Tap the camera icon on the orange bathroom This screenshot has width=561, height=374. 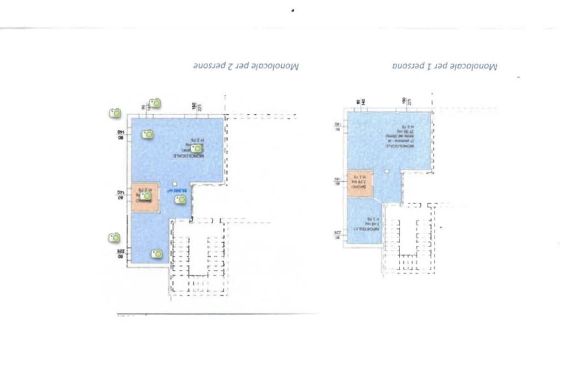pos(146,196)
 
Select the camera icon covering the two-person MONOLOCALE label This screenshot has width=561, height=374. pos(196,148)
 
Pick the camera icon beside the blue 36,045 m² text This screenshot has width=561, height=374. pos(180,200)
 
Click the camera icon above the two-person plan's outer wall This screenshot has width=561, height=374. pos(156,102)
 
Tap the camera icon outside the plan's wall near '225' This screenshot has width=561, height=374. pos(114,238)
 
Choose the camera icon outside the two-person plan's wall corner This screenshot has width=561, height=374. pos(115,113)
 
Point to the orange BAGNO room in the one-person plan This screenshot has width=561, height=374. pos(359,183)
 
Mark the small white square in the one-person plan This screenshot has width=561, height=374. pos(387,171)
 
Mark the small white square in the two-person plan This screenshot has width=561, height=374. pos(174,183)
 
